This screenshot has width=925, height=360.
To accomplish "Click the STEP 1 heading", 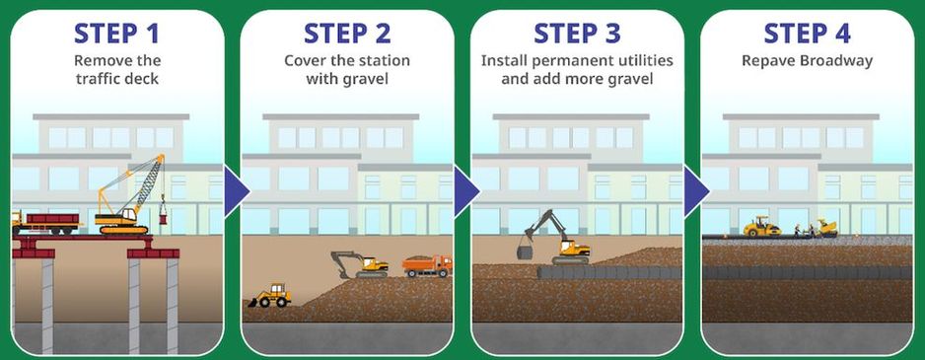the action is click(116, 34).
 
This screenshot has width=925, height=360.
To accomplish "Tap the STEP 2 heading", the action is click(347, 34).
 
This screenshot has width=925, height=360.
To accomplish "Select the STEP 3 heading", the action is click(577, 34).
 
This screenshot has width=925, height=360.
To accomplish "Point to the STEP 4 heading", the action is click(807, 34).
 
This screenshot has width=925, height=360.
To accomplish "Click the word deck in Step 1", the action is click(143, 79).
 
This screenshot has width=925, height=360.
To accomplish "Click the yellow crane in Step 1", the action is click(131, 194).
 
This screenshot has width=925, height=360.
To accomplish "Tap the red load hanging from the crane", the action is click(163, 218).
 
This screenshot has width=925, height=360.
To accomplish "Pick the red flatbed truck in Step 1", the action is click(45, 224).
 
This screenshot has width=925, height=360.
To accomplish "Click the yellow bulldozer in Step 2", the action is click(269, 296).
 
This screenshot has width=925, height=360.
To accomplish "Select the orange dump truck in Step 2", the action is click(428, 265).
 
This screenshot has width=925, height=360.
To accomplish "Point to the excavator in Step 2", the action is click(361, 265).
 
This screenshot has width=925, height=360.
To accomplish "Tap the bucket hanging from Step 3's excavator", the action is click(525, 252).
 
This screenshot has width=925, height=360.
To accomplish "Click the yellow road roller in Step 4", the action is click(761, 227).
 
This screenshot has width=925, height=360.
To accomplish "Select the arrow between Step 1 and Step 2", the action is click(237, 190).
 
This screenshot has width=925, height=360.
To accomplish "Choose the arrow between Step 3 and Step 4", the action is click(696, 190).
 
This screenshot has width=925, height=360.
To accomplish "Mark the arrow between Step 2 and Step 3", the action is click(466, 190).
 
